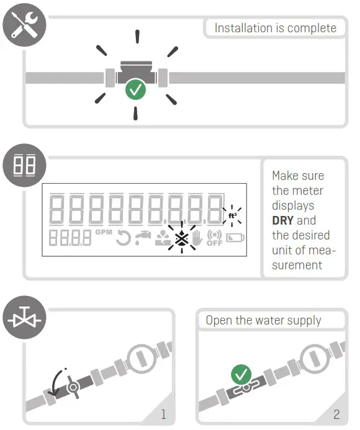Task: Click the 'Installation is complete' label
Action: click(x=275, y=28)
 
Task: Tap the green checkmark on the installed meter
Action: click(x=135, y=90)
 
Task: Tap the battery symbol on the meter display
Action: click(x=236, y=238)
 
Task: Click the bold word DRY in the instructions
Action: click(x=285, y=220)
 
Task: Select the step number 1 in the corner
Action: click(x=163, y=413)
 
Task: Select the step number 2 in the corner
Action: click(x=337, y=413)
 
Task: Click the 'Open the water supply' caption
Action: click(x=263, y=321)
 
